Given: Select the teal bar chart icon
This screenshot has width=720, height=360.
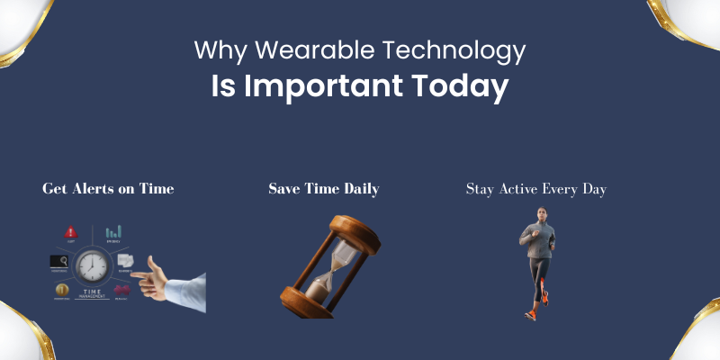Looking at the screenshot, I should pos(113,232).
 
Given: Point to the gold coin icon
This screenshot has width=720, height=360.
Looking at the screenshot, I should pos(61,290).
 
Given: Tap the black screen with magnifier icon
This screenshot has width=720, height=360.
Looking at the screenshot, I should pos(59,261).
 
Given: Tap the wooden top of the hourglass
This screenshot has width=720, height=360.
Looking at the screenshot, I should pos(343,224).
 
